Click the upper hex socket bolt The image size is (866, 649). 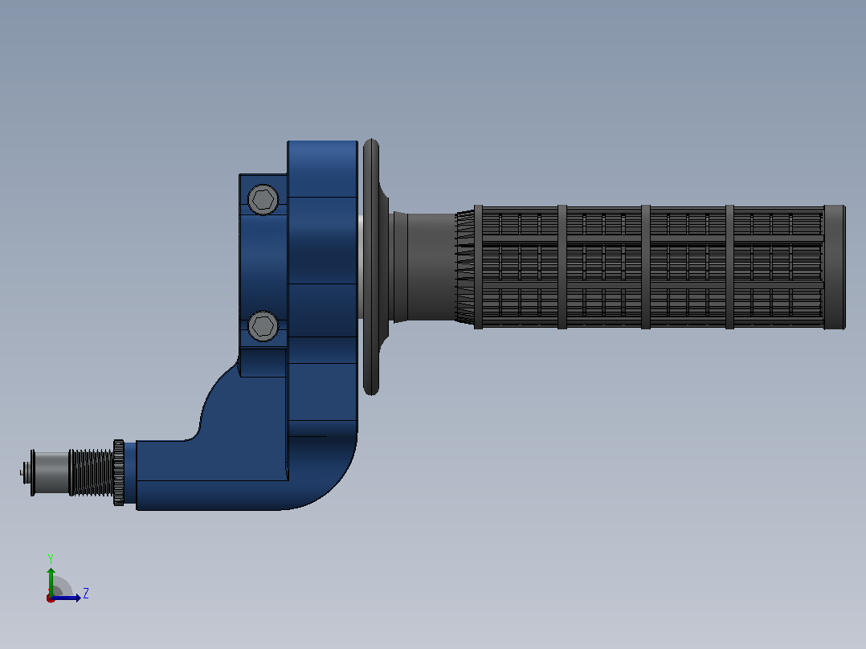click(x=263, y=199)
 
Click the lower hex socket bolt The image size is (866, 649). click(x=263, y=326)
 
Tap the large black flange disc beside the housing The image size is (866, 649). click(x=371, y=267)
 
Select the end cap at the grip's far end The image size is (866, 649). click(x=834, y=267)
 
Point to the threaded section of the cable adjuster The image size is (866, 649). click(x=91, y=472)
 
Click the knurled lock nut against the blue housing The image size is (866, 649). click(x=119, y=473)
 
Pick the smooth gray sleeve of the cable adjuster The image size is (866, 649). click(x=52, y=473)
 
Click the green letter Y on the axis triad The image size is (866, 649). click(x=51, y=558)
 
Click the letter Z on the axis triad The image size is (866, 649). click(x=86, y=594)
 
